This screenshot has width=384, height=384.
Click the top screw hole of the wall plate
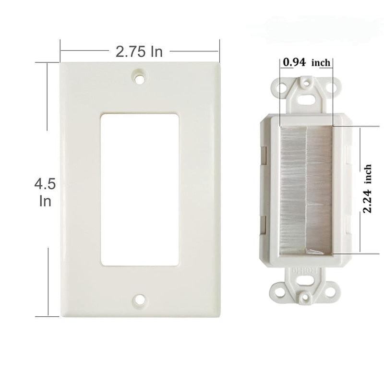[140, 77]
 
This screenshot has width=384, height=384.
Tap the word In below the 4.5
[45, 201]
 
